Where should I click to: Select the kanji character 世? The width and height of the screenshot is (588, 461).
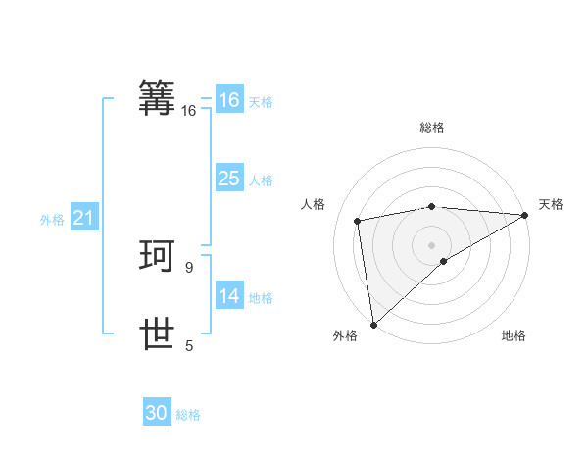[158, 334]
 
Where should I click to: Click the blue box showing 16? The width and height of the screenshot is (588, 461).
[228, 100]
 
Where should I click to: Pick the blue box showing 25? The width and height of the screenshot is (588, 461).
[228, 179]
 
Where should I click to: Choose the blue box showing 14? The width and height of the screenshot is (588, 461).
[228, 296]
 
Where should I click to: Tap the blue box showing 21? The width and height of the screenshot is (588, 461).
[83, 219]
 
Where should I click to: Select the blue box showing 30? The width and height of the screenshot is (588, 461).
[157, 413]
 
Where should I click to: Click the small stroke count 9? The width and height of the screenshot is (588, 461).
[189, 267]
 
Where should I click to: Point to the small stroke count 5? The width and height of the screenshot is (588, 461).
[189, 345]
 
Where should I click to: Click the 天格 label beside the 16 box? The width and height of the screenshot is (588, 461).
[261, 102]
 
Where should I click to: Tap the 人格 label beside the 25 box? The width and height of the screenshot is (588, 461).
[261, 180]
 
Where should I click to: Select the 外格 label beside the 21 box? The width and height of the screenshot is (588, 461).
[52, 221]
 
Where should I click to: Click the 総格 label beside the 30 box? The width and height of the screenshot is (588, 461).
[188, 415]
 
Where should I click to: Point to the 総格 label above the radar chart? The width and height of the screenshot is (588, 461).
[431, 128]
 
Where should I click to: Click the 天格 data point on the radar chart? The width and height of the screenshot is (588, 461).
[525, 215]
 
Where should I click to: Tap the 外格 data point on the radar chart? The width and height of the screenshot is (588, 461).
[373, 324]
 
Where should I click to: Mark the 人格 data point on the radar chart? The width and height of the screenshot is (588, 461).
[359, 221]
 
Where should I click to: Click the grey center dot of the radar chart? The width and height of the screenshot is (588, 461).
[431, 244]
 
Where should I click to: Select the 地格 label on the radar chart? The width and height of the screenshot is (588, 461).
[514, 336]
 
